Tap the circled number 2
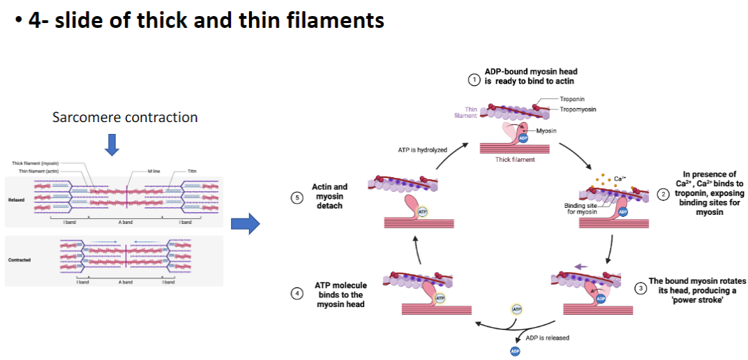coord(663,193)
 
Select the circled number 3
coord(641,288)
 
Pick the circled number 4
coord(298,294)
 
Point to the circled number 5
coord(298,197)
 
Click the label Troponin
coord(571,100)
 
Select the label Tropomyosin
coord(577,110)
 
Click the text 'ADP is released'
coord(547,338)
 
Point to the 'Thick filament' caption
coord(515,160)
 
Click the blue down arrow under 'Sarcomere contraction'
coord(112,143)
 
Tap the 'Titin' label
coord(192,171)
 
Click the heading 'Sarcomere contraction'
coord(125,117)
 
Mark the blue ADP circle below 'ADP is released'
coord(516,351)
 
